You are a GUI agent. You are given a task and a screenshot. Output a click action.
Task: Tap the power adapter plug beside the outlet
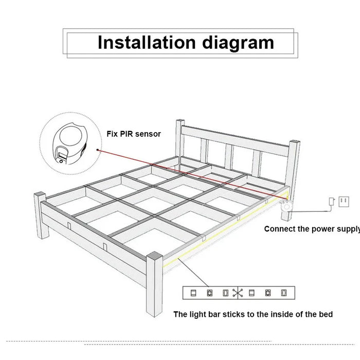(x=332, y=201)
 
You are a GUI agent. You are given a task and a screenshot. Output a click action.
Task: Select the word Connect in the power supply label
(x=281, y=229)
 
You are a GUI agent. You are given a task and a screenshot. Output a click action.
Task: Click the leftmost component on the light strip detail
(x=193, y=293)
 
